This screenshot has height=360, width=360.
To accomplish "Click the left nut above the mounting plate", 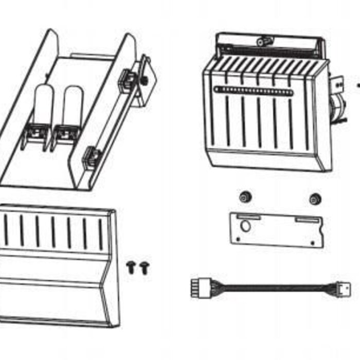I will click(245, 196).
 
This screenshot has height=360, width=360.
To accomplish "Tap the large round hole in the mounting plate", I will click(246, 226).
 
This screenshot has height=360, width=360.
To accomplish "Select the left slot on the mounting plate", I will click(249, 218).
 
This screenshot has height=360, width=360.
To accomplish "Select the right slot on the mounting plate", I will click(308, 221).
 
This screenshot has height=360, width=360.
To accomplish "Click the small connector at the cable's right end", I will click(343, 288).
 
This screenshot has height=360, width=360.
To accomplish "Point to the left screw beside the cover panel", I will click(131, 266).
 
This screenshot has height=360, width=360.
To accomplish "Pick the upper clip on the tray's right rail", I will click(128, 80).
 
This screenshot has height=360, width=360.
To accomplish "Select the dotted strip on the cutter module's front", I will click(254, 91).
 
